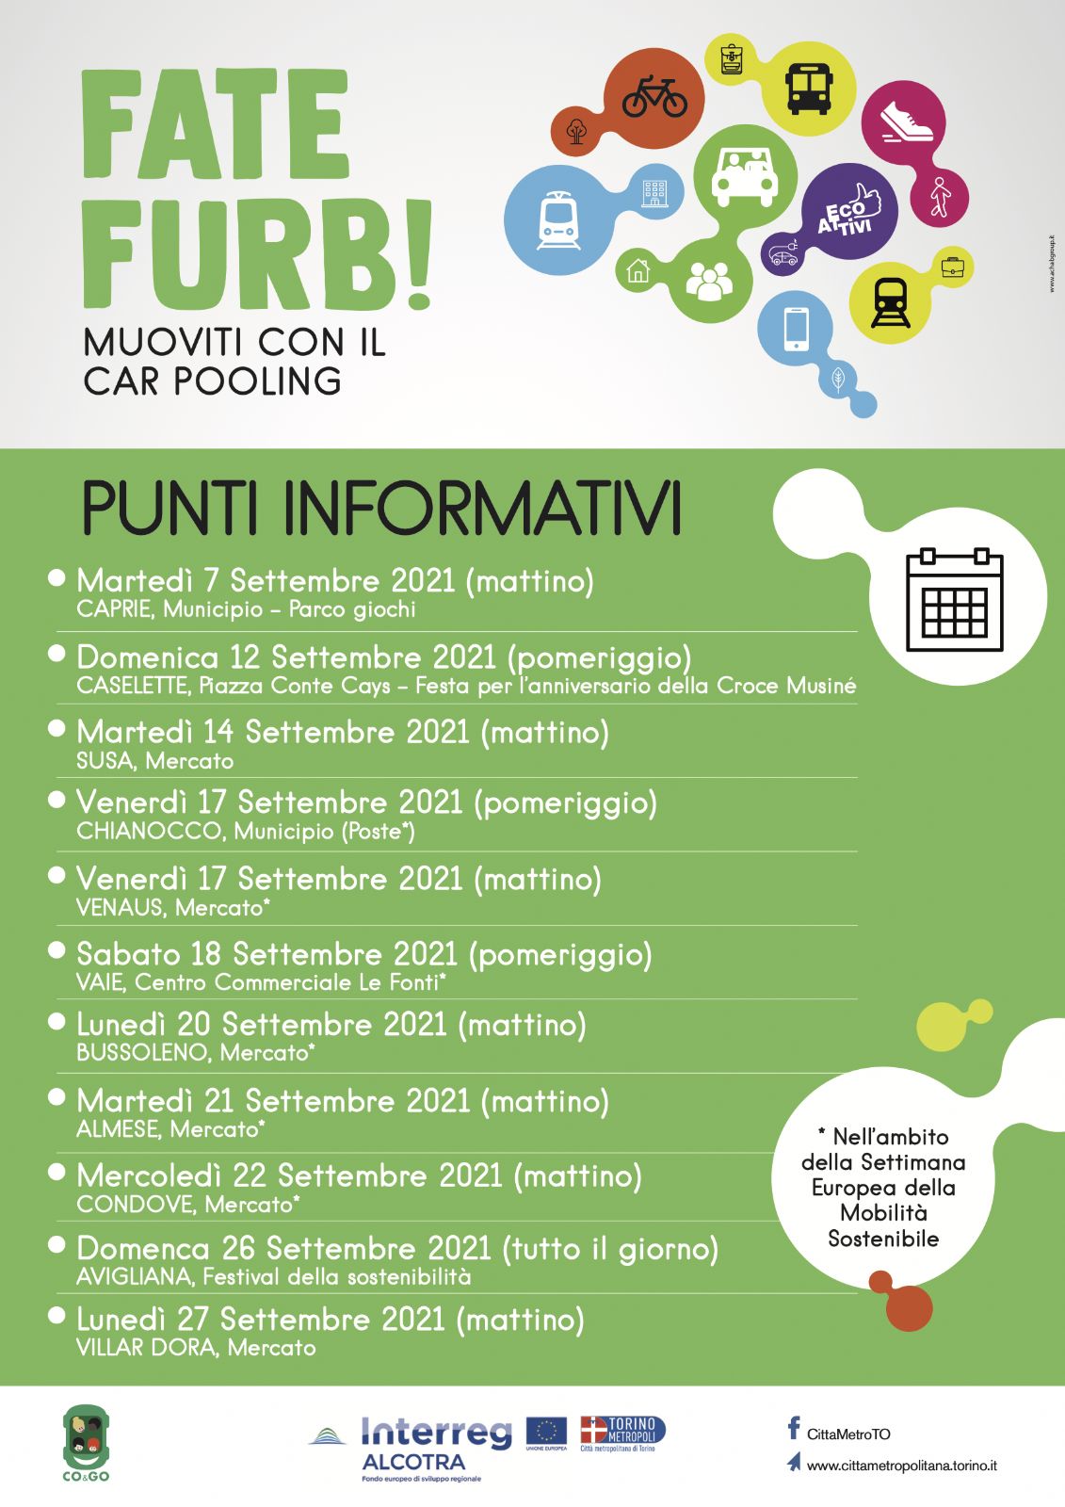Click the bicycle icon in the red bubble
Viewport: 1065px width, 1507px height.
(654, 96)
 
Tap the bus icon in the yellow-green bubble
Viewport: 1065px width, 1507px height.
(808, 88)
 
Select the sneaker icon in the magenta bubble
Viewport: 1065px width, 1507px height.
(906, 122)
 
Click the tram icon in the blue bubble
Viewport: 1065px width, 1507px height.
(557, 220)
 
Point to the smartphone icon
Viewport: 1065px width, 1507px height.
(796, 329)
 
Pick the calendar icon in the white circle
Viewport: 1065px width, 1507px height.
(954, 600)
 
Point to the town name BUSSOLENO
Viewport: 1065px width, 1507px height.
(142, 1053)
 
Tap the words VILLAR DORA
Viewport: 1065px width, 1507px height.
(146, 1348)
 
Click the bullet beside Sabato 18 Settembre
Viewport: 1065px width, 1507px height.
(57, 950)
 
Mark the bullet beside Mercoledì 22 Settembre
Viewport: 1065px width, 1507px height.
(57, 1172)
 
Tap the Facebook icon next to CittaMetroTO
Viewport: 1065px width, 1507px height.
(794, 1429)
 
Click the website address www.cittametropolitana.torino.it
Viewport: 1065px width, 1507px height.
(901, 1466)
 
